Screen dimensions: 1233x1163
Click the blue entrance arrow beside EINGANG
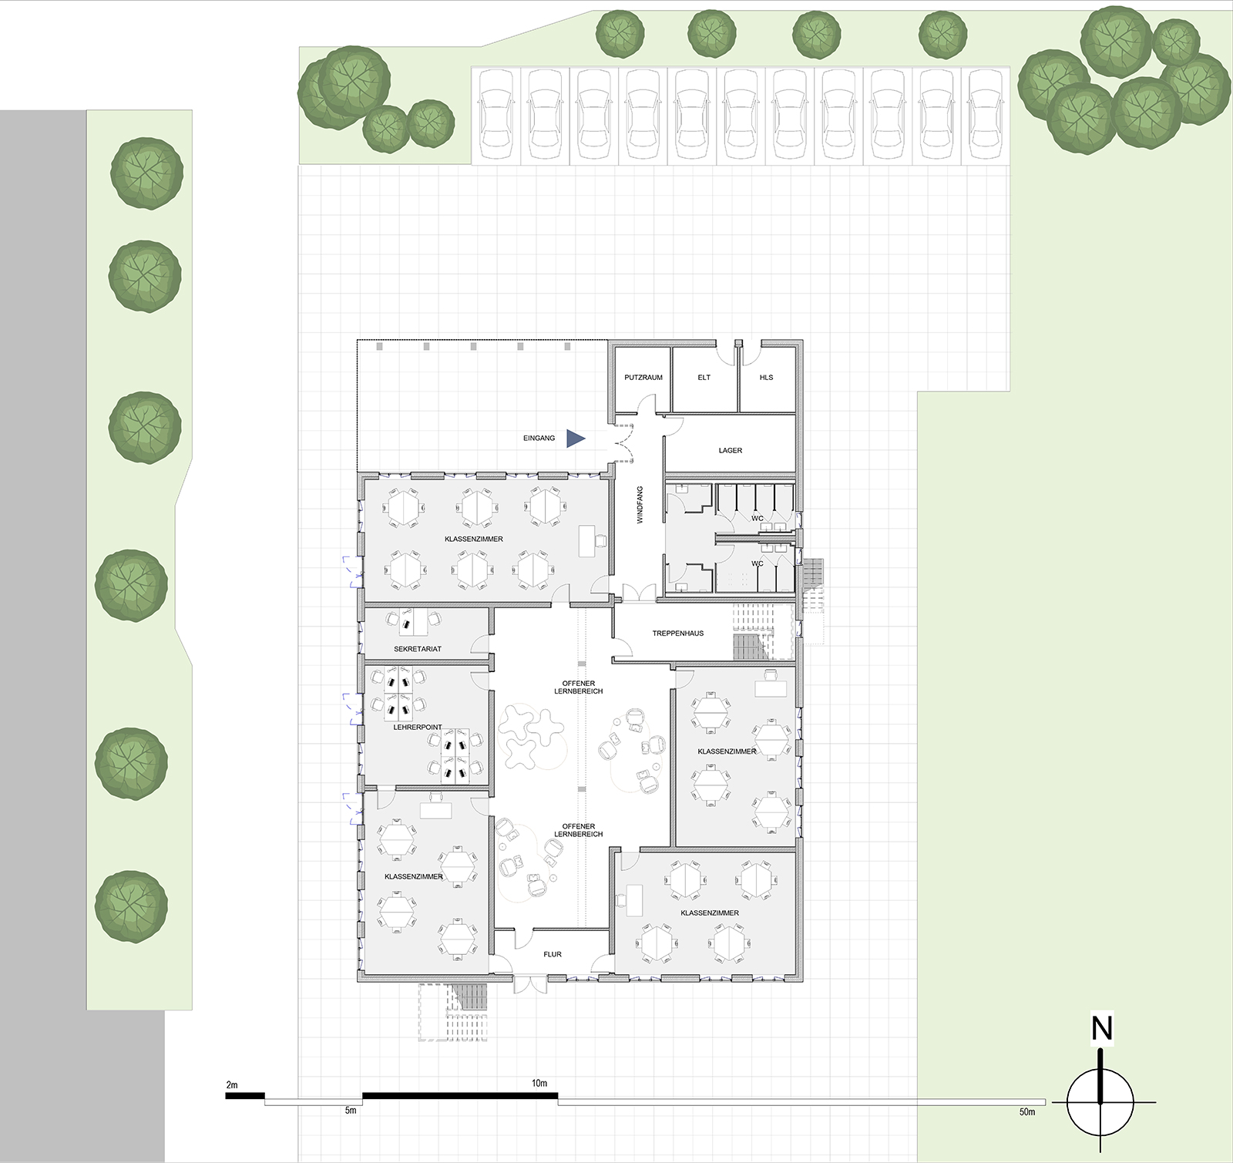tap(575, 439)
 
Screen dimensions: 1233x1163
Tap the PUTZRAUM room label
tap(643, 378)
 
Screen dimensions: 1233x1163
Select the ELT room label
tap(704, 378)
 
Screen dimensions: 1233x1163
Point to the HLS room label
tap(766, 378)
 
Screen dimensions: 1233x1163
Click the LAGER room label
tap(731, 450)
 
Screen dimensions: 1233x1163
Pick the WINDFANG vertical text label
tap(640, 506)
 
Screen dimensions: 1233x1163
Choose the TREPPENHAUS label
tap(678, 634)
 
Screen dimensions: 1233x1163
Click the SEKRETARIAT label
tap(418, 649)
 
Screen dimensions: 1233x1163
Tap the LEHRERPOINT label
tap(417, 727)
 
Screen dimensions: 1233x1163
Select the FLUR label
tap(553, 954)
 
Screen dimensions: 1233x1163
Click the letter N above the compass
tap(1102, 1029)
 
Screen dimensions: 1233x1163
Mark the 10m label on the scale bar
tap(539, 1084)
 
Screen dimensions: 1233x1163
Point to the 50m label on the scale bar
tap(1026, 1112)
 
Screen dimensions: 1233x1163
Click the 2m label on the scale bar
tap(232, 1085)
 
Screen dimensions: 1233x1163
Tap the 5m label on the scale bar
tap(351, 1111)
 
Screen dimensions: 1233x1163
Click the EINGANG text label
tap(538, 439)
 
